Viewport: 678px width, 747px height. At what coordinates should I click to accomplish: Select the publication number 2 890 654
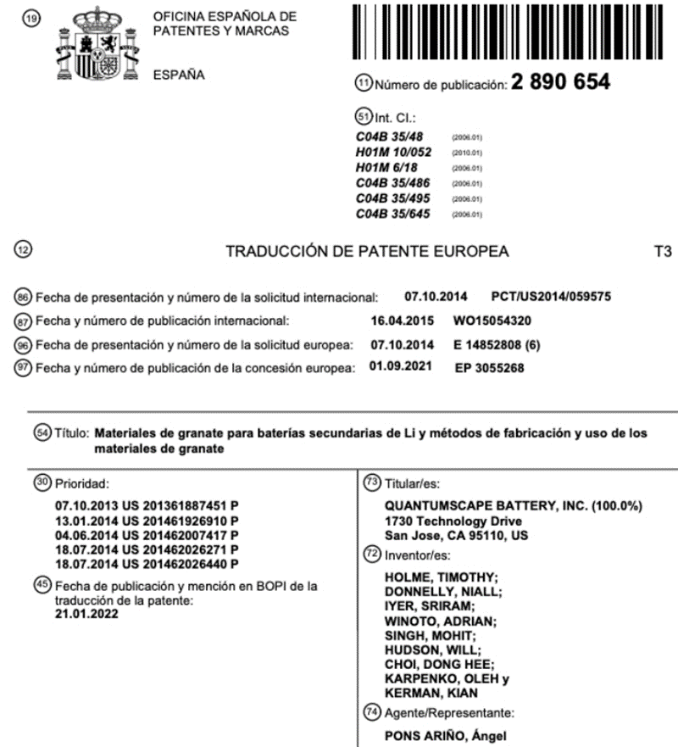[560, 84]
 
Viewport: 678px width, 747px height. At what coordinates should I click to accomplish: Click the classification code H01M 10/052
[393, 153]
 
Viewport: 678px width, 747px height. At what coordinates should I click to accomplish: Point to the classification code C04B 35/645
[393, 214]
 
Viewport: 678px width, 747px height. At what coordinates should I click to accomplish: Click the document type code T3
[663, 252]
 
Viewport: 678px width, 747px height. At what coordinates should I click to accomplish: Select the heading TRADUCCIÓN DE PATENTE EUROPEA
[367, 252]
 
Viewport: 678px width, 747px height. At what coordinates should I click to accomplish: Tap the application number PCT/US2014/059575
[551, 298]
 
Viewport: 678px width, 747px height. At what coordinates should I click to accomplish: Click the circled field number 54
[42, 432]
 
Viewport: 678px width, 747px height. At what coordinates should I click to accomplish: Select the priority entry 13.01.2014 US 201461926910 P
[146, 520]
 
